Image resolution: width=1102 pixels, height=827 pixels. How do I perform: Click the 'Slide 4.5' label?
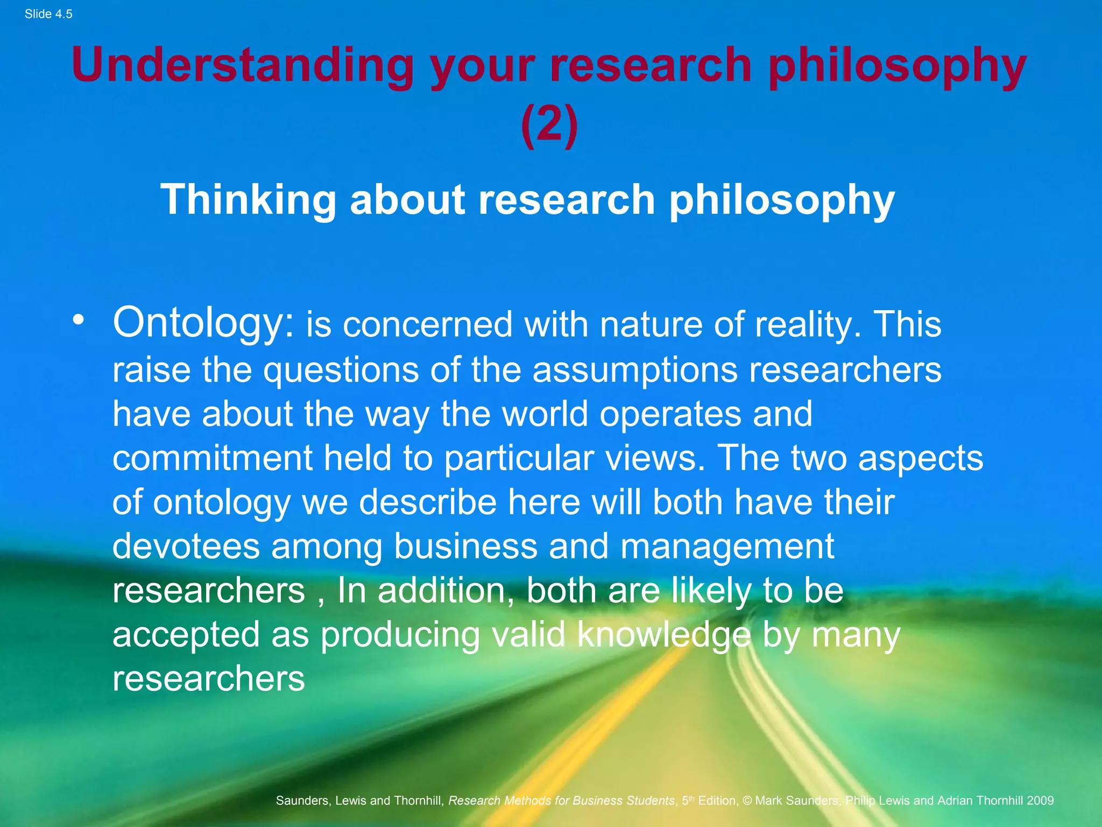(48, 14)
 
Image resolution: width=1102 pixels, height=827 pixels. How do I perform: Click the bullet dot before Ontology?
(79, 320)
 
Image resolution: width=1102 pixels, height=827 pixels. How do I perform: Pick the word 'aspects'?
(921, 459)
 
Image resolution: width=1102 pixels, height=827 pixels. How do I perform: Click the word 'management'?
(727, 547)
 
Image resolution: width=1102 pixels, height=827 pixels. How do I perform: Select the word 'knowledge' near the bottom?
(664, 634)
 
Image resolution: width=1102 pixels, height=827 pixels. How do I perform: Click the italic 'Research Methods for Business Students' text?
(561, 801)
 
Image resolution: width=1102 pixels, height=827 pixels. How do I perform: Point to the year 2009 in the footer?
(1040, 801)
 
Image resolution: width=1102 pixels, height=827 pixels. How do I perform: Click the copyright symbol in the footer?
(747, 801)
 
